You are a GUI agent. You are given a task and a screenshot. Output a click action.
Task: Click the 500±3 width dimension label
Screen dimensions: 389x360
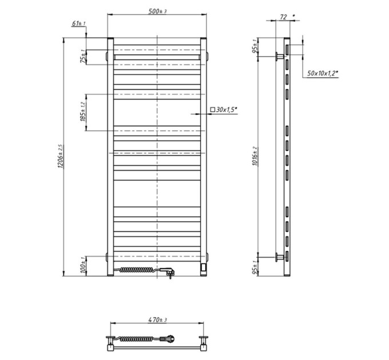[x=157, y=11]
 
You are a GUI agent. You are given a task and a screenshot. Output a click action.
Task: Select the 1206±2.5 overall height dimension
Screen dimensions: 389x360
[x=61, y=157]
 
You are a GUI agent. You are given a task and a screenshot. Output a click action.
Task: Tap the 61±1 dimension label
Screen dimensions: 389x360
[x=78, y=23]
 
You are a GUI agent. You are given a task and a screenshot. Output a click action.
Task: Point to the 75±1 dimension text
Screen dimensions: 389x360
[x=83, y=56]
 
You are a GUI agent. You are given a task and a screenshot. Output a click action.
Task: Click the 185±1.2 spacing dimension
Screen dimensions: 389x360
[x=83, y=112]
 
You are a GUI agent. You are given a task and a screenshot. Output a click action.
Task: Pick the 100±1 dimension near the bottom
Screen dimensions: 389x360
[x=83, y=266]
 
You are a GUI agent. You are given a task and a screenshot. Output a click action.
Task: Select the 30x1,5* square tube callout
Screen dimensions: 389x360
[x=224, y=109]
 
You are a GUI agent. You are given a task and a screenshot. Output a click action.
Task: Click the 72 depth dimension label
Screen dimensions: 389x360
[x=283, y=17]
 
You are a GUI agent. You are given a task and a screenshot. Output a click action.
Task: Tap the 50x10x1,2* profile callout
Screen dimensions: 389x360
[x=323, y=73]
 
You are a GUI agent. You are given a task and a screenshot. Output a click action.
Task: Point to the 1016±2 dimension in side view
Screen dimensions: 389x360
[x=255, y=156]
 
